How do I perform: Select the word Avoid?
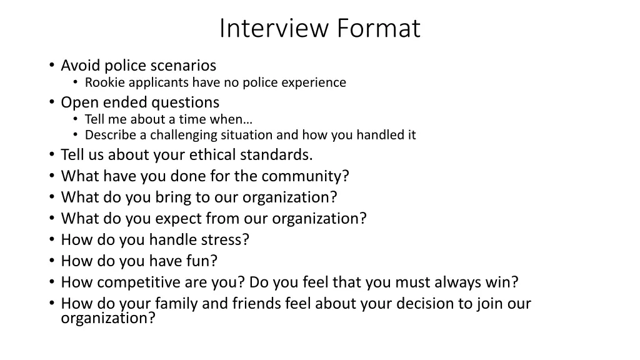tap(81, 65)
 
